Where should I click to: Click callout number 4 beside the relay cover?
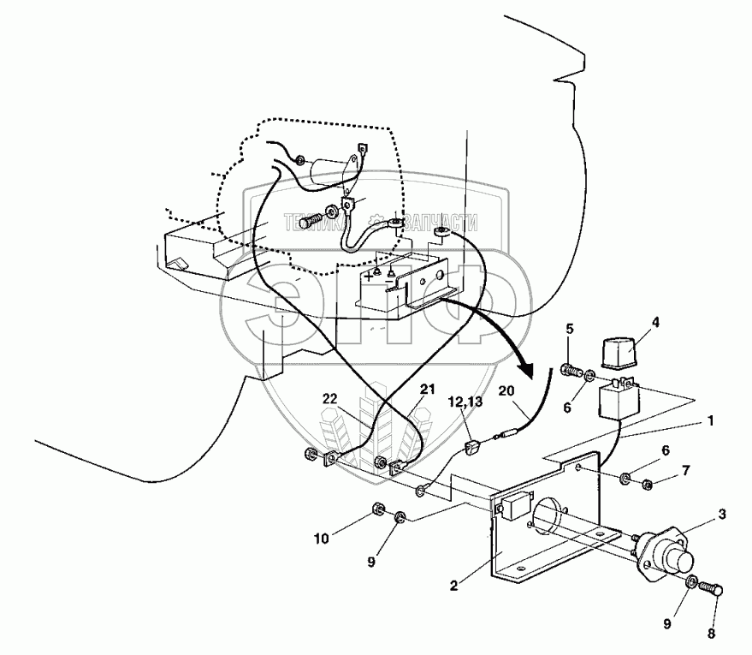[656, 323]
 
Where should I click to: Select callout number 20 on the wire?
[506, 391]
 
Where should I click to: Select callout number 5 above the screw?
[569, 328]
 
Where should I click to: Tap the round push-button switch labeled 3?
[669, 555]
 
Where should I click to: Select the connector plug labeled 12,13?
[471, 449]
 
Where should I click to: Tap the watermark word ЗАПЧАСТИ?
[445, 222]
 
